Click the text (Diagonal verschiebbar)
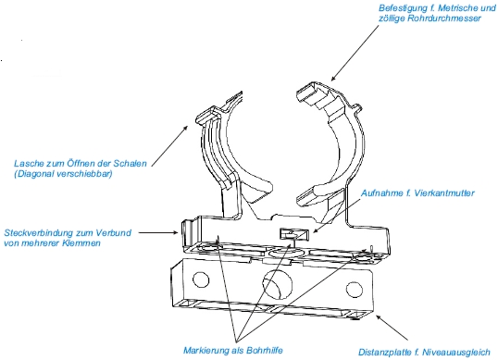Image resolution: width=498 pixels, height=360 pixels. (63, 174)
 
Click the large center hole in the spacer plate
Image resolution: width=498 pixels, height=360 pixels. (277, 284)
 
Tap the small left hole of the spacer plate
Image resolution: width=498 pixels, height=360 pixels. (201, 280)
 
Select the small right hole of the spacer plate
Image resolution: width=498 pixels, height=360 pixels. (355, 290)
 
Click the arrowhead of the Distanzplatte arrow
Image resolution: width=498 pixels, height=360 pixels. (379, 317)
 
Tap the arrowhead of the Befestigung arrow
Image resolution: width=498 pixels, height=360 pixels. (333, 78)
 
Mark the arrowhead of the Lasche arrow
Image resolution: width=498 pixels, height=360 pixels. (185, 128)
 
